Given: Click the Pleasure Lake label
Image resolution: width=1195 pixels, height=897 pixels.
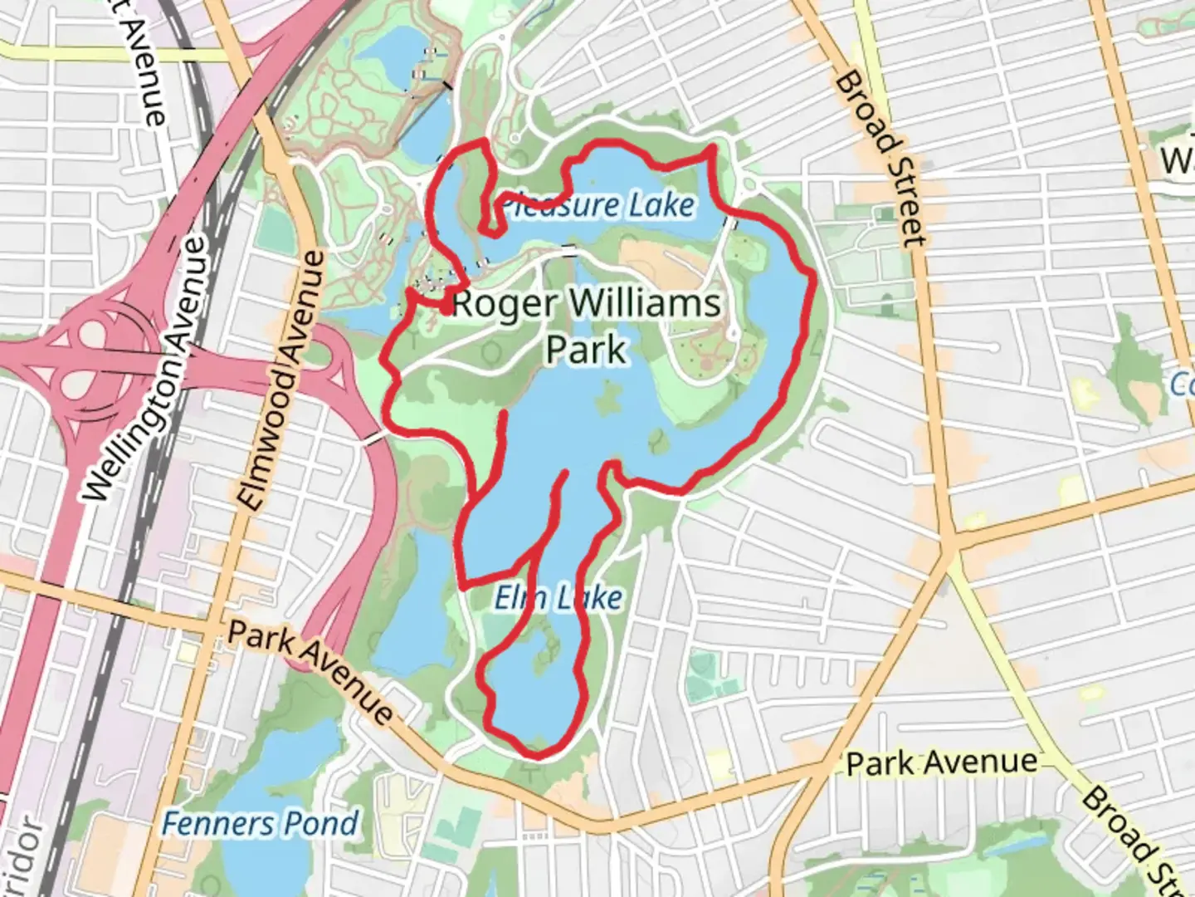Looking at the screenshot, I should tap(597, 205).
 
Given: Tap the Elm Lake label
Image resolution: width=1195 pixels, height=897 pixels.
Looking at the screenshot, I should tap(558, 597).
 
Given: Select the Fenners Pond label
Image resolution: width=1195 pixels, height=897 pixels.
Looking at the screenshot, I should tap(260, 824).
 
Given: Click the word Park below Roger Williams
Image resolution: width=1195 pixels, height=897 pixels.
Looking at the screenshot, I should tap(586, 349).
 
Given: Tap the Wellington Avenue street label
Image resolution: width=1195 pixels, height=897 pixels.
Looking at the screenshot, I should tap(143, 370).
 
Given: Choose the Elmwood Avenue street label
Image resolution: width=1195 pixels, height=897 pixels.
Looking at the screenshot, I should tap(281, 380).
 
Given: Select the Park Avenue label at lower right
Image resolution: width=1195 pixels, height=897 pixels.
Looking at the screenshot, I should tap(942, 762).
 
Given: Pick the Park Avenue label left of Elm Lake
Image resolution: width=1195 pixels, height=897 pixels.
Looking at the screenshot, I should tap(310, 670).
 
